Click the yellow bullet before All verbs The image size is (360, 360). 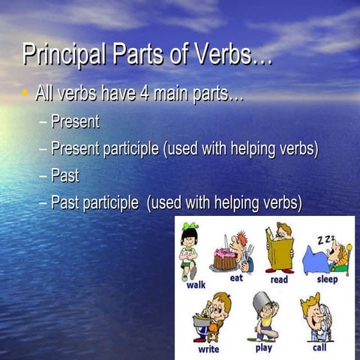coord(25,95)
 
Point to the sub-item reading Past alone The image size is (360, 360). coord(64,175)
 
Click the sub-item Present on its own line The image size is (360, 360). coord(75,121)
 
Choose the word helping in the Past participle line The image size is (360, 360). coord(238,202)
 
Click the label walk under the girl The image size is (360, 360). coord(196,285)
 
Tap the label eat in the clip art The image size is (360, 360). coord(237,277)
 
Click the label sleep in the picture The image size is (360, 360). coord(327,279)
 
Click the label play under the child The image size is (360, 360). coord(263,346)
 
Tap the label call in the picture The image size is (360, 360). coord(319,347)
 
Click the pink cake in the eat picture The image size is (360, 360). coord(224,259)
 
